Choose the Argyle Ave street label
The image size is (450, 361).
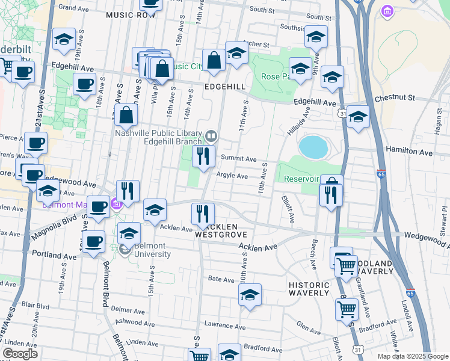[232, 176]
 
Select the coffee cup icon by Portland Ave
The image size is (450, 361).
[93, 242]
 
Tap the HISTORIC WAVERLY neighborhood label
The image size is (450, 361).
[309, 289]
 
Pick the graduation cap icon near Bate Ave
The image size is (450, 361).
[250, 295]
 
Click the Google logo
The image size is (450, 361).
[20, 354]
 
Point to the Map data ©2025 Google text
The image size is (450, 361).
[413, 356]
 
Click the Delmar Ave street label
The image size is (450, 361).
[129, 312]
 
